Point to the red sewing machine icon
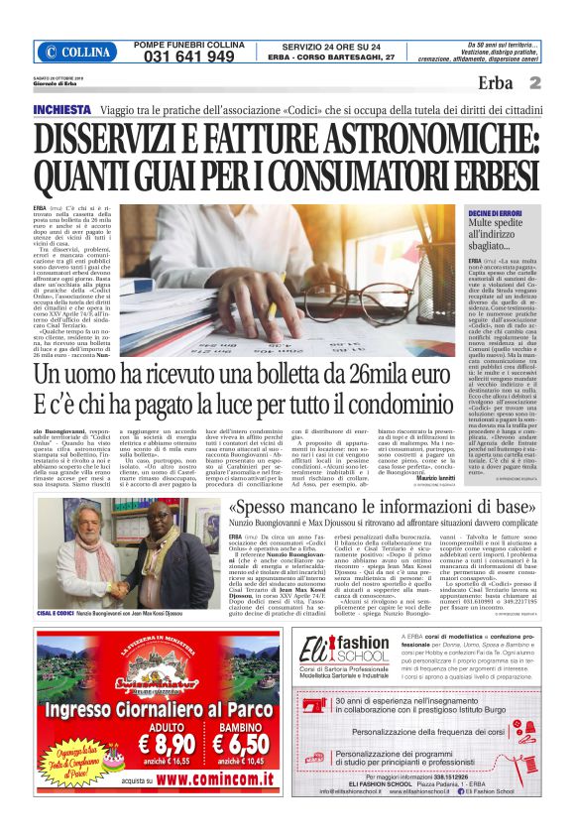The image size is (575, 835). [x=313, y=765]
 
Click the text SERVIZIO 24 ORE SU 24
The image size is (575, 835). [x=319, y=46]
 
